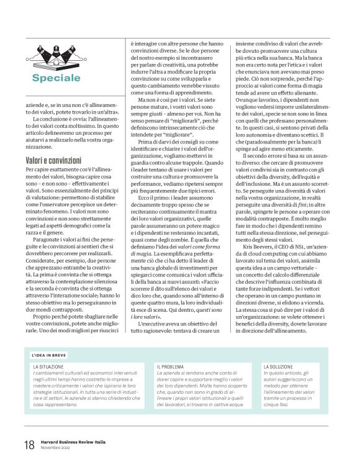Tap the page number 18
click(x=29, y=445)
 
